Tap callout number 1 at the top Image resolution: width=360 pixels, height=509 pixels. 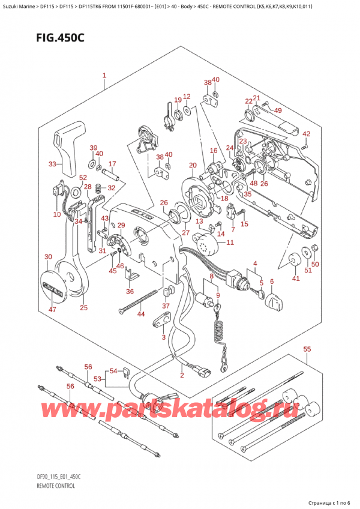coord(104,76)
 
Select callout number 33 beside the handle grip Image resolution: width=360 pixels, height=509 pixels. coord(53,164)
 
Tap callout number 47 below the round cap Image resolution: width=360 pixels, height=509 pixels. coord(53,309)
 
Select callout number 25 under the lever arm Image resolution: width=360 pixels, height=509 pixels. coord(83,308)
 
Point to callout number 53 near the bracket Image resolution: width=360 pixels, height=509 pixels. coord(97,379)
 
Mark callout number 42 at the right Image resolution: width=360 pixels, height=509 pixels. coord(306,134)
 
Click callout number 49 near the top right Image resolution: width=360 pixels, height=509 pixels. coord(277,110)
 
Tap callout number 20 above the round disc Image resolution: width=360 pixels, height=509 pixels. coord(192,166)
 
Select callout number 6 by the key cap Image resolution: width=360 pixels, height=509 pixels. coord(272,282)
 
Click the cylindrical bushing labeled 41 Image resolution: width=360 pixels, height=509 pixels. coord(295,262)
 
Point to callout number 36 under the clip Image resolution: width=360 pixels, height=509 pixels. coord(130,292)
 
